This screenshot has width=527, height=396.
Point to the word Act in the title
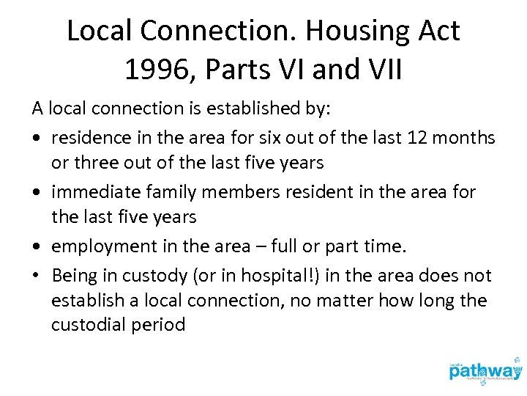tap(438, 32)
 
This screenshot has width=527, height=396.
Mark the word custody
tap(146, 275)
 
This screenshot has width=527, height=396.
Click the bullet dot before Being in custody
tap(37, 276)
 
